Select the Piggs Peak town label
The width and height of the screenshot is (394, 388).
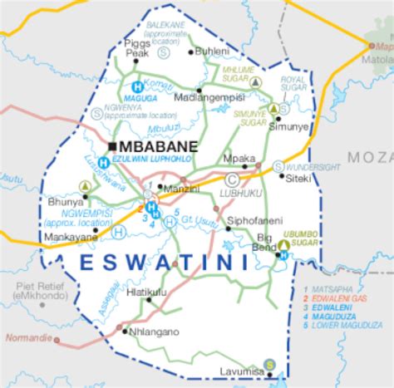pos(137,49)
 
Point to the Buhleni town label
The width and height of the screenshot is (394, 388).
pos(211,52)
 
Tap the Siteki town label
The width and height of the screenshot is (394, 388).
pos(298,178)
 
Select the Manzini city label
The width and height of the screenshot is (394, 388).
pos(181,190)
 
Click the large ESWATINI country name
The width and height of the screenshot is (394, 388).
pos(158,263)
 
